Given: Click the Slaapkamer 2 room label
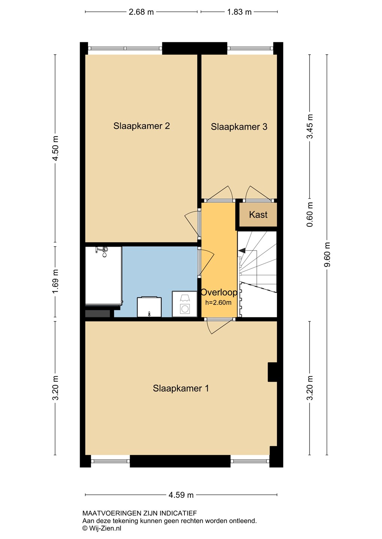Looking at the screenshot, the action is pos(141,126).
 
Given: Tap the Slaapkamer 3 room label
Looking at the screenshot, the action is pos(239,127).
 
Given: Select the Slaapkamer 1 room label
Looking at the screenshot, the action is pos(181,388).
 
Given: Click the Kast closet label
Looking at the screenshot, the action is pos(258,214).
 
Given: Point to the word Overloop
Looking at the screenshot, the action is pos(219,292).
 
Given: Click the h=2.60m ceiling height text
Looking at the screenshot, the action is pos(218,302).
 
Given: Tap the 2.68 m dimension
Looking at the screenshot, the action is pos(141,12).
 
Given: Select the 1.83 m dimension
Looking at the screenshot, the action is pos(239,12).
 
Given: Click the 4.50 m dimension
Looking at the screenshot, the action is pos(55,149).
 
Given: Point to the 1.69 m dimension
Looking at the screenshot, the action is pos(55,281).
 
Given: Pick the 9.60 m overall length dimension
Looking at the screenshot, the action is pos(327,255).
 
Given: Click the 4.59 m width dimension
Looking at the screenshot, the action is pos(181,495).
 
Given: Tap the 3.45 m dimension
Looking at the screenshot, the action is pos(310,127).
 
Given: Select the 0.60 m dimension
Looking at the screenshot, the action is pos(310,214).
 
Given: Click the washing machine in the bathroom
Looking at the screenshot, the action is pos(184,304).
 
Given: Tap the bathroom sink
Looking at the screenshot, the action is pos(149,307).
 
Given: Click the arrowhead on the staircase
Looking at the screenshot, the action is pos(242,250).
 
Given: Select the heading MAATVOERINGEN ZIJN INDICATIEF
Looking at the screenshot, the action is pos(139,513).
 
